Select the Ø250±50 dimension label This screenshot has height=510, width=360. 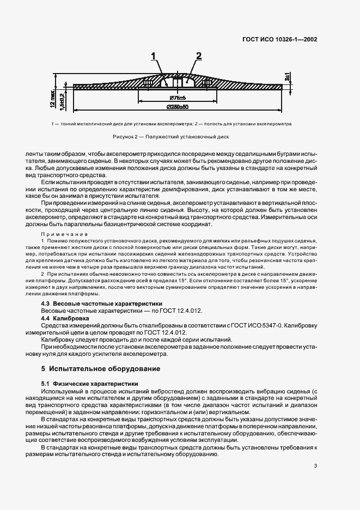tap(177, 106)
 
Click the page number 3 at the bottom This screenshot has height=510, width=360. tap(315, 465)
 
